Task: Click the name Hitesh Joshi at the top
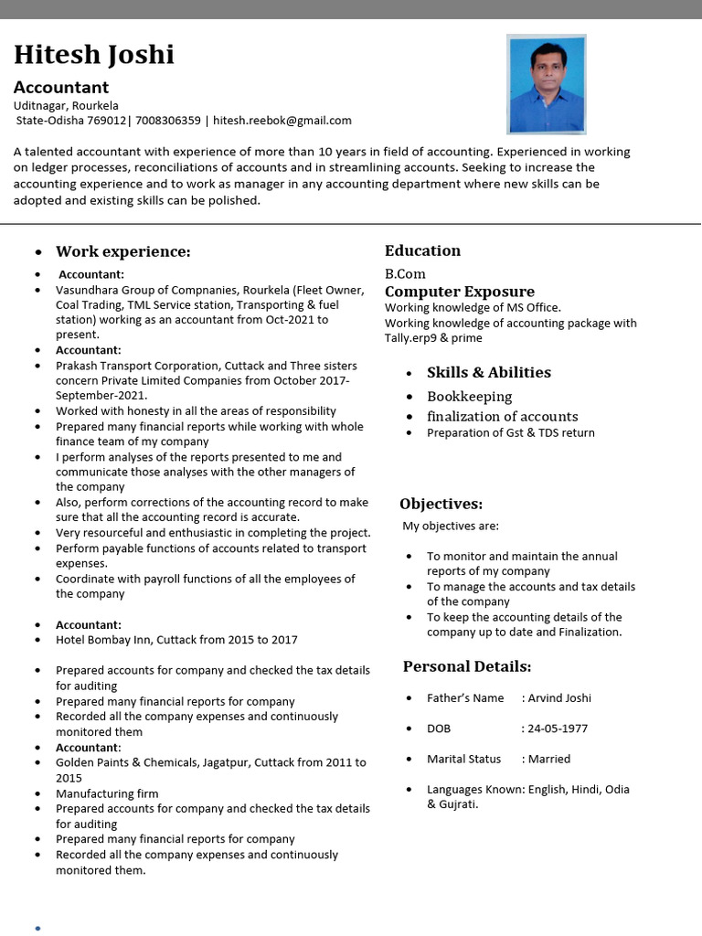(93, 56)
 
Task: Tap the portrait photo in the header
(546, 84)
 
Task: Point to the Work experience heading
(122, 251)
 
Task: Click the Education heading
(422, 250)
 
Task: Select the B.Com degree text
(405, 273)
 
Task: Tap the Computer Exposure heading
(460, 292)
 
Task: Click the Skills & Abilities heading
(488, 372)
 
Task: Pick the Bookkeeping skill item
(469, 397)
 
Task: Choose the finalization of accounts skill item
(502, 416)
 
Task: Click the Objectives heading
(441, 504)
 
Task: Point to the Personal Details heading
(466, 666)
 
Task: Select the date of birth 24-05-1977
(557, 729)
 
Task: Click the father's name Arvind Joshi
(559, 697)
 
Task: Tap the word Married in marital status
(548, 759)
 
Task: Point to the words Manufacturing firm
(107, 793)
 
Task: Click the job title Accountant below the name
(61, 88)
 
